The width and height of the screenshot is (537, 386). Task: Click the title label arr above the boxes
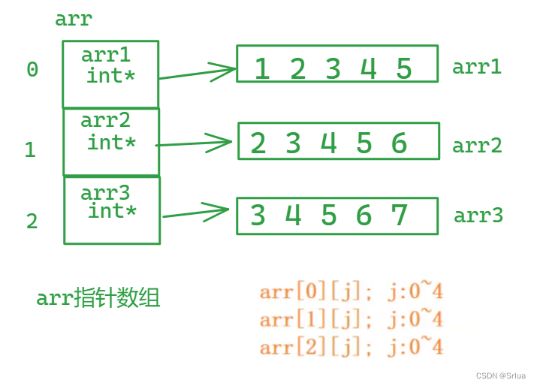tap(74, 19)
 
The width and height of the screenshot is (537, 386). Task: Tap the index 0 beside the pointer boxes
tap(32, 70)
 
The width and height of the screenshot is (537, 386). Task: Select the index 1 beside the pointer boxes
tap(30, 150)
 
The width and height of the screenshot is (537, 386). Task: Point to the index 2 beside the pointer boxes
tap(32, 222)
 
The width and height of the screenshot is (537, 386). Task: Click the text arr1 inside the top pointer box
tap(106, 55)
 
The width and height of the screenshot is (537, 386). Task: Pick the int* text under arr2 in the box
tap(112, 141)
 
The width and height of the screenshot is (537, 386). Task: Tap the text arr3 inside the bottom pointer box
tap(106, 193)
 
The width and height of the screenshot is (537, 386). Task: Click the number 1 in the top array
tap(261, 70)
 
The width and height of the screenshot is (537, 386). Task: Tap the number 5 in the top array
tap(404, 70)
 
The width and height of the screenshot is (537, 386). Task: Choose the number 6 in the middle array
tap(399, 143)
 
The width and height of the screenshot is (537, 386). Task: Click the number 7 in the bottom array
tap(400, 216)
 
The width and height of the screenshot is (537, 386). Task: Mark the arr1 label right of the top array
tap(476, 67)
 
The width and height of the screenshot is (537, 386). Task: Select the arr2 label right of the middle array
tap(477, 145)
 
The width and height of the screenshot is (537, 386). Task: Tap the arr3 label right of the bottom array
tap(478, 216)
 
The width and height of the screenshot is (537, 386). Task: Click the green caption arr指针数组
tap(98, 299)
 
